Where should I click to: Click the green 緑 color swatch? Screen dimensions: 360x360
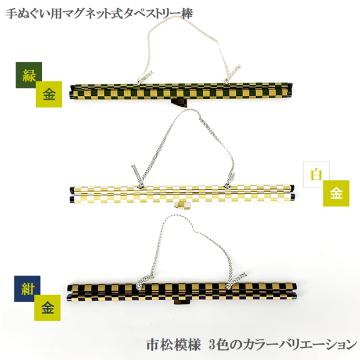(27, 75)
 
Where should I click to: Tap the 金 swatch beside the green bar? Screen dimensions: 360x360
(49, 95)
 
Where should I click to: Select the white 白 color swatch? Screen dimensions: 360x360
(316, 174)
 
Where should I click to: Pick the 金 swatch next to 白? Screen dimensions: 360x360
(336, 193)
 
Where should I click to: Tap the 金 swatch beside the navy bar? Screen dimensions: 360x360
(47, 308)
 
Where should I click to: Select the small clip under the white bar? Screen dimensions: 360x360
(184, 205)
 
